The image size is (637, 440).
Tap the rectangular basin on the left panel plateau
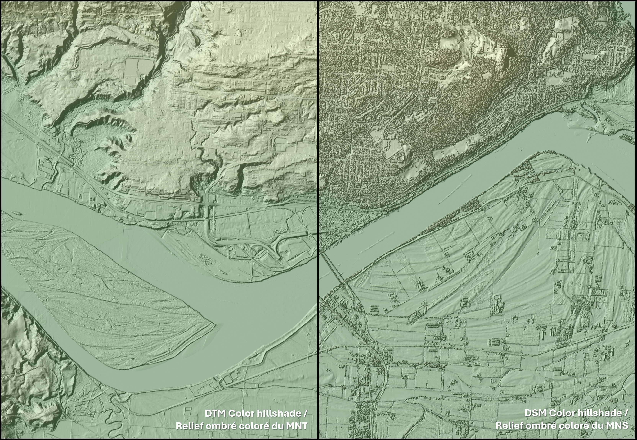(139, 71)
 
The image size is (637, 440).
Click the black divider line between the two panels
(318, 193)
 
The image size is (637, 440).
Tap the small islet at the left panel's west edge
(16, 213)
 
